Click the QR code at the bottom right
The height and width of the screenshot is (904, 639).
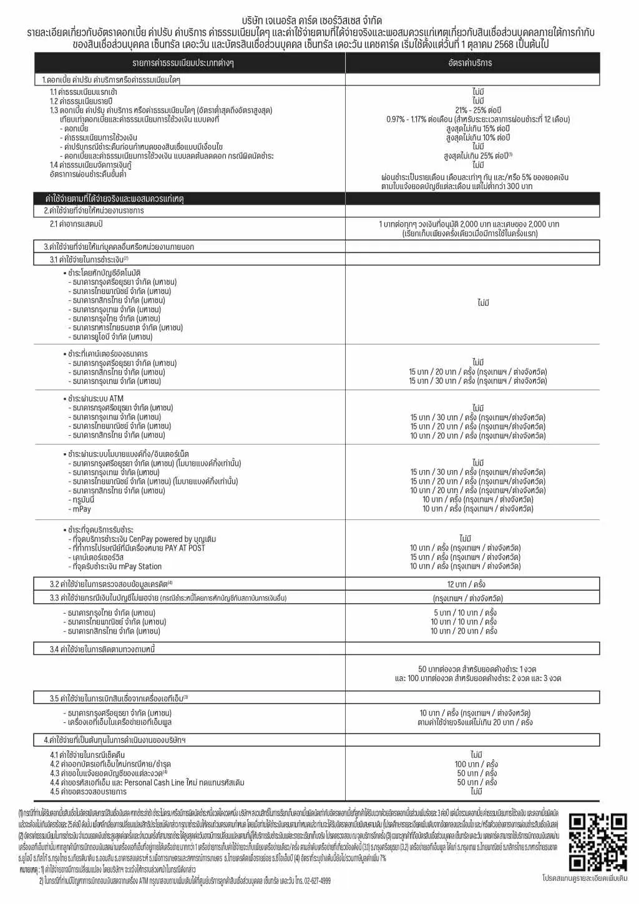[x=597, y=842]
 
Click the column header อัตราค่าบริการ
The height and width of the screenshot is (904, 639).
[x=470, y=63]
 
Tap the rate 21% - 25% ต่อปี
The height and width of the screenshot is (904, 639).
[x=478, y=110]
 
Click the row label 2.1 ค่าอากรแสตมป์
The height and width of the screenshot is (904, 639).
[x=76, y=224]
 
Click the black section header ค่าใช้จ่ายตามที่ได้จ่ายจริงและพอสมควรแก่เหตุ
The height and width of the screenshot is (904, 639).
[x=114, y=199]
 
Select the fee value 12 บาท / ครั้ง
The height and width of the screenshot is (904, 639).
[x=466, y=584]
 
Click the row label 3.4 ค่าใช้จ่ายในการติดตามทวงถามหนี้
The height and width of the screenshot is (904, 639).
[x=102, y=649]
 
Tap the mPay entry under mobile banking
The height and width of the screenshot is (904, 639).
[x=82, y=509]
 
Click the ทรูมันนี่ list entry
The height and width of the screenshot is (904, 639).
[x=83, y=499]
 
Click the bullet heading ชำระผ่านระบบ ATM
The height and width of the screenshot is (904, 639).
[x=95, y=398]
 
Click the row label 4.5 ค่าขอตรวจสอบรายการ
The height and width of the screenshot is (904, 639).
[x=88, y=792]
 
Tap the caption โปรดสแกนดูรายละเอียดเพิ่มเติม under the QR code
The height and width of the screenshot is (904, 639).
[x=585, y=878]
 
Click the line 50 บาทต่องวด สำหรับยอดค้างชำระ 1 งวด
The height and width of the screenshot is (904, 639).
[x=477, y=669]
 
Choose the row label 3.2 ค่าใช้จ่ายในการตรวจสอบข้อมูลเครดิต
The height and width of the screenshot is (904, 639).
[x=110, y=584]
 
